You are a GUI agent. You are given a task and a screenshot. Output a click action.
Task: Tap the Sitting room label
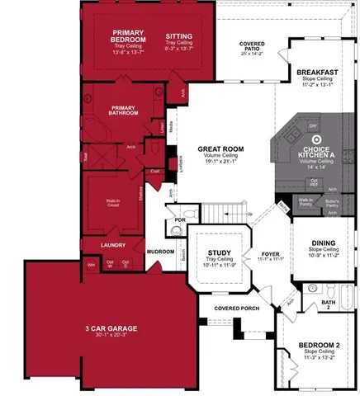pyautogui.click(x=179, y=36)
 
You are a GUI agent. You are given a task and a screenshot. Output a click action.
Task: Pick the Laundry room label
pyautogui.click(x=112, y=245)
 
